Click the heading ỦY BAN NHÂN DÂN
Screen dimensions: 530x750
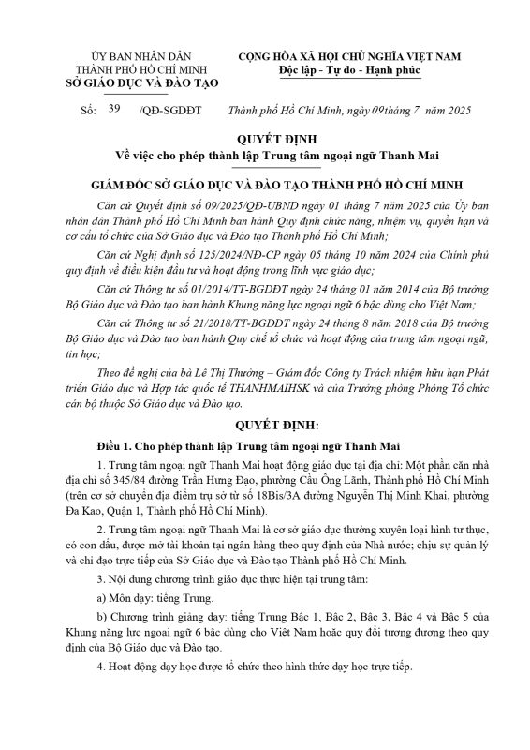(138, 57)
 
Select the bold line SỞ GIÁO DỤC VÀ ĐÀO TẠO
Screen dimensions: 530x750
(138, 83)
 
